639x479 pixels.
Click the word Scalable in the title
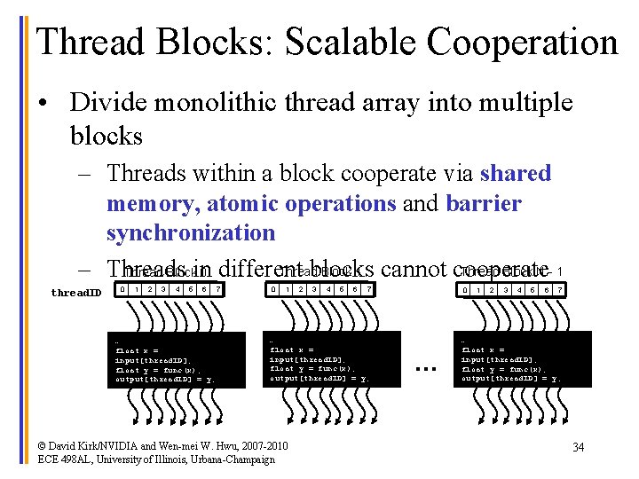(335, 43)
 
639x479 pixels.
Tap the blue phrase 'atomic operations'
(302, 203)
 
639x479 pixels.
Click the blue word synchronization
(191, 233)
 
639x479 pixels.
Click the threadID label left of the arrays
(76, 292)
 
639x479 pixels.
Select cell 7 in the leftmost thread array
(217, 289)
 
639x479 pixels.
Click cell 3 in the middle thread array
(313, 289)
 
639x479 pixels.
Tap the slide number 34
(578, 447)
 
